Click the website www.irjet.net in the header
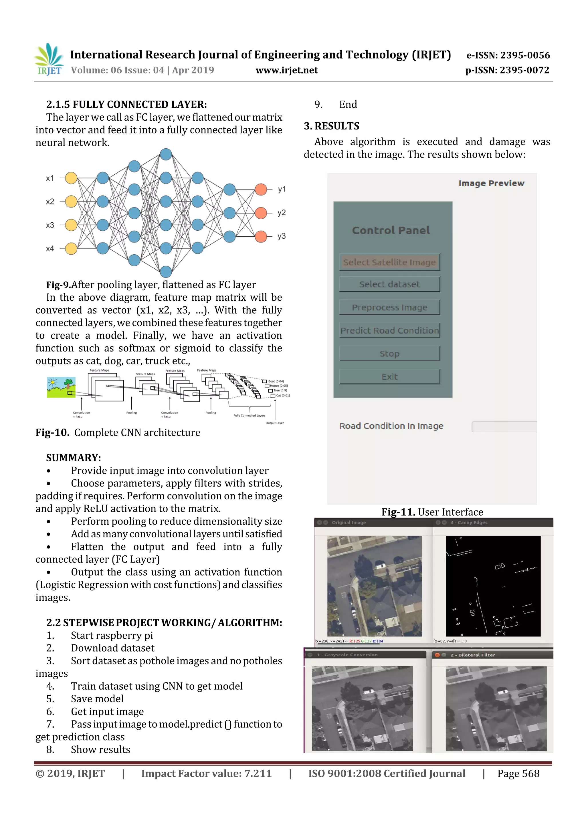[x=287, y=70]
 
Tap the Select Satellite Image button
[x=389, y=262]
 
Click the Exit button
[x=389, y=376]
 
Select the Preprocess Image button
[x=389, y=307]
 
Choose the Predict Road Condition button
[x=389, y=330]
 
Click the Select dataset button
[x=389, y=284]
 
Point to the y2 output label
[x=281, y=213]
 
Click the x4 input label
[x=50, y=248]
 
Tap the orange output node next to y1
[x=261, y=189]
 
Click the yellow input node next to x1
[x=71, y=178]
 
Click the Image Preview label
[x=491, y=183]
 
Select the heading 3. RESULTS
[x=331, y=126]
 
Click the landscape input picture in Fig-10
[x=61, y=387]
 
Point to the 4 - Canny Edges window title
[x=469, y=522]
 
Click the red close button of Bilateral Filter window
[x=437, y=655]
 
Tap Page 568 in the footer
[x=518, y=773]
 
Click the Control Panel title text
[x=391, y=230]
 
